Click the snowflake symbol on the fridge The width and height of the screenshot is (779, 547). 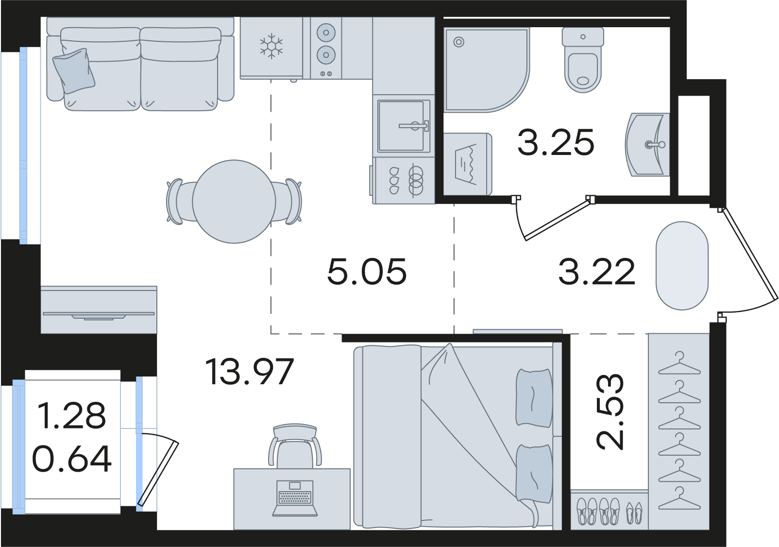[271, 46]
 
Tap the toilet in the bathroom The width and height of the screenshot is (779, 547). [583, 60]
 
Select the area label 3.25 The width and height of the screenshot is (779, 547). [556, 142]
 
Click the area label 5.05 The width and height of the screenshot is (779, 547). [367, 272]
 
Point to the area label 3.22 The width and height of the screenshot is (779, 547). [597, 272]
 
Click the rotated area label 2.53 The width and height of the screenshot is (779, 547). [610, 412]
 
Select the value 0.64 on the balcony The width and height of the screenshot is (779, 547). [72, 459]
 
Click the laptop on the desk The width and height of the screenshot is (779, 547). [295, 498]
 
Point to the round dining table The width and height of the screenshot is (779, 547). [234, 202]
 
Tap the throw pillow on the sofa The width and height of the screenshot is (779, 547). [74, 70]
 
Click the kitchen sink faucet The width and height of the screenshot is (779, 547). [415, 125]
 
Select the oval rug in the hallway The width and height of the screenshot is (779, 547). [682, 266]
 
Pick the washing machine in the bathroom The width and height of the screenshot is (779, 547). [468, 164]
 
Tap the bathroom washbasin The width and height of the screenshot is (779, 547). [647, 145]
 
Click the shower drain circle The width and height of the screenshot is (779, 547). [459, 42]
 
